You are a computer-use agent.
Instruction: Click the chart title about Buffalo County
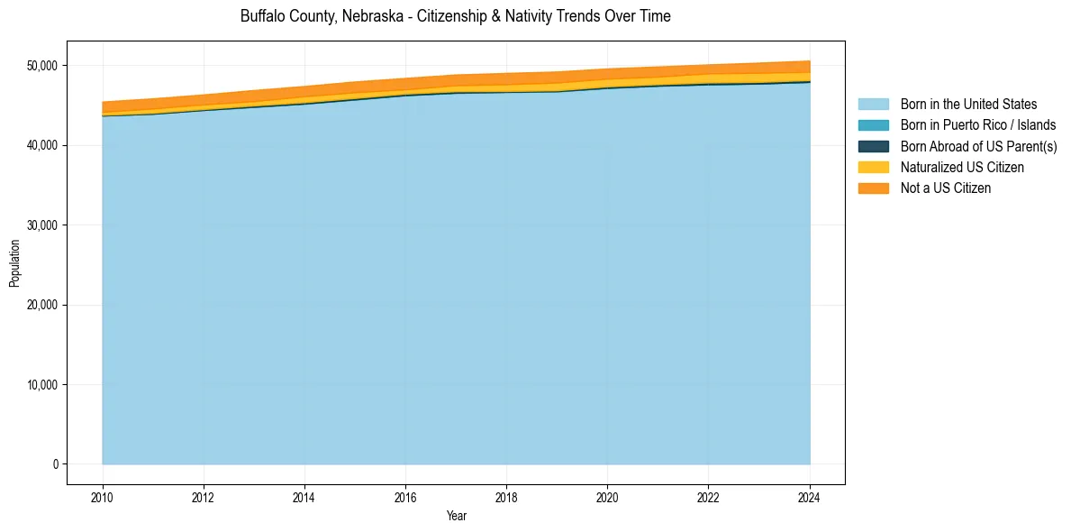[455, 16]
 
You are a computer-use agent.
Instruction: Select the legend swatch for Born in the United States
[873, 105]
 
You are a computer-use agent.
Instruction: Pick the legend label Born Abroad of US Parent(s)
[978, 146]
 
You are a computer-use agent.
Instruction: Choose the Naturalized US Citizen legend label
[962, 167]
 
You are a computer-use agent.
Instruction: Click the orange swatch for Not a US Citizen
[873, 188]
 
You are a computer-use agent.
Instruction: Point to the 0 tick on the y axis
[54, 464]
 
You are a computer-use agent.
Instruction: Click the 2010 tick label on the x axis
[103, 495]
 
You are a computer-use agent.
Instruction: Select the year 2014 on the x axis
[304, 495]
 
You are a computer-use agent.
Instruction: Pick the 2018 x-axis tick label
[507, 495]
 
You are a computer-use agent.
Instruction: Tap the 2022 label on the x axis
[709, 495]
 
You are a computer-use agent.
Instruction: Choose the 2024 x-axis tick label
[810, 495]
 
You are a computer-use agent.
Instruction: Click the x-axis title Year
[456, 516]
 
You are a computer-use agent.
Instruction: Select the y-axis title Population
[14, 263]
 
